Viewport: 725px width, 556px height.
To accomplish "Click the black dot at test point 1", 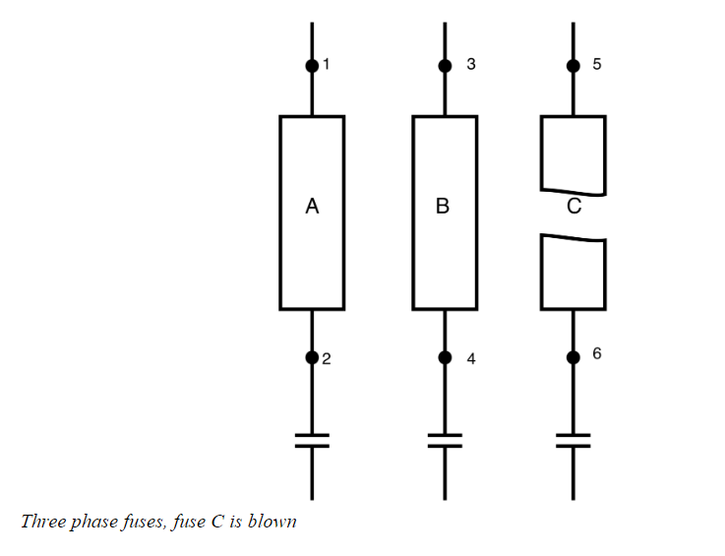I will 312,66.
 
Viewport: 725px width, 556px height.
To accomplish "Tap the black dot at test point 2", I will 312,357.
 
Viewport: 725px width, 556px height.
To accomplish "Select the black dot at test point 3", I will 445,66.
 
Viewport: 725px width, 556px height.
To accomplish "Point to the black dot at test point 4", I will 445,357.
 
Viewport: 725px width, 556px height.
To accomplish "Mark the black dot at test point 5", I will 574,66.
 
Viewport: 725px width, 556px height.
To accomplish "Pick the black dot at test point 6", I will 574,357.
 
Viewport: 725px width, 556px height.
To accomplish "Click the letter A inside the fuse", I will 312,207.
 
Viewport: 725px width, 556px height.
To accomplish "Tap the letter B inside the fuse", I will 443,207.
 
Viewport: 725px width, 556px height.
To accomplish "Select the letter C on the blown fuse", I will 574,207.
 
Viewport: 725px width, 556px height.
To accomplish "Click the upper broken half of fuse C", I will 574,153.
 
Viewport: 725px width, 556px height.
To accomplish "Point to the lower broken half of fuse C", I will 574,273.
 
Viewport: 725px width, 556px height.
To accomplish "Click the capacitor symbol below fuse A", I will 312,439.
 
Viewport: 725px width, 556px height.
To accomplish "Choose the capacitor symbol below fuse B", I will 445,439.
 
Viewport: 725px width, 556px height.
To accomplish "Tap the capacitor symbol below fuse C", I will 574,439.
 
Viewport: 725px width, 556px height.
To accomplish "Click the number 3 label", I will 471,65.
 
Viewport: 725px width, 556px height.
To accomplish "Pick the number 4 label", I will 471,359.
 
